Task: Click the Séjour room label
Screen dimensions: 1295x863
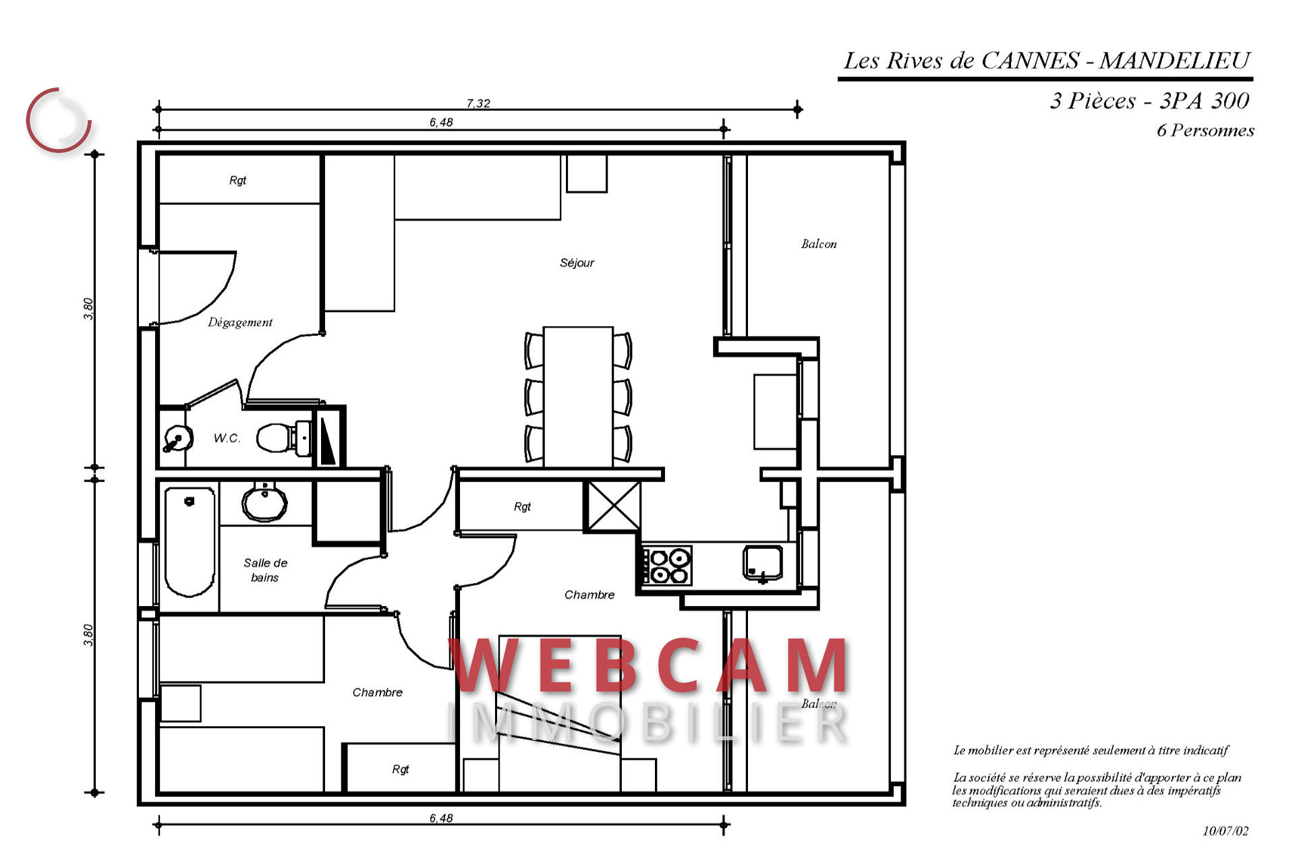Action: tap(577, 263)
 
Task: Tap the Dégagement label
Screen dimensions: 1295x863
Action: tap(239, 322)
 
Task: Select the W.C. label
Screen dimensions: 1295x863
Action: tap(227, 438)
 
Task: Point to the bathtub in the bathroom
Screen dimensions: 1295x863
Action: tap(190, 542)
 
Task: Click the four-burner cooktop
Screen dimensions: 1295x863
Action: tap(666, 565)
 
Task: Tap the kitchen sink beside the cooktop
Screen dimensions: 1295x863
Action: tap(763, 563)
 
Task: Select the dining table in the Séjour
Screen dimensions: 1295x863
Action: tap(578, 396)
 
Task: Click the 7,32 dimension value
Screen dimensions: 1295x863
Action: tap(478, 103)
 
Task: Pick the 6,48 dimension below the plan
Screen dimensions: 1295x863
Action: tap(441, 818)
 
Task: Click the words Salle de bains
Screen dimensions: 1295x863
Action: tap(265, 570)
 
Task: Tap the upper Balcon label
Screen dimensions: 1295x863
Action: tap(819, 244)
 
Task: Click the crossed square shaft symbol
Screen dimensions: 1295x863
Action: tap(613, 506)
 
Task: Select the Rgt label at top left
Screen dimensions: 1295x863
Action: tap(237, 180)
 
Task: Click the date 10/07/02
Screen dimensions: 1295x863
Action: tap(1226, 831)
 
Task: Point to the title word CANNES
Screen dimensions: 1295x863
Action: tap(1030, 61)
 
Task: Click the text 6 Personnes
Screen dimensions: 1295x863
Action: tap(1205, 130)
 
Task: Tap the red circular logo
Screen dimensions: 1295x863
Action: tap(59, 120)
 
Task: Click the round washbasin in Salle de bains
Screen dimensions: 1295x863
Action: tap(264, 502)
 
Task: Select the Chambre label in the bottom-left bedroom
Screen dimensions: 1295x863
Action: tap(377, 692)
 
